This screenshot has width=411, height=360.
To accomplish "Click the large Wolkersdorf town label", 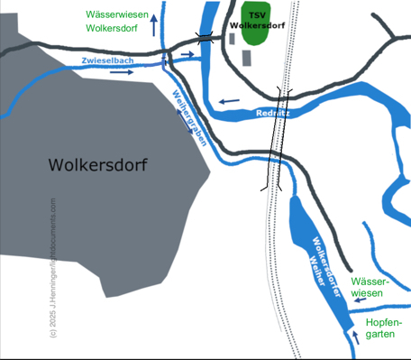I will coord(98,166).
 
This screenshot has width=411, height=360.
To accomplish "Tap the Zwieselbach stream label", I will coord(107,60).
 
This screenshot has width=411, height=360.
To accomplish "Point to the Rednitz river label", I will coord(272,113).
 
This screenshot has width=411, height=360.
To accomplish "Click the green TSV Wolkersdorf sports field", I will coord(256,24).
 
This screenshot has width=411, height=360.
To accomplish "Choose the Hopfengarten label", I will coord(383,328).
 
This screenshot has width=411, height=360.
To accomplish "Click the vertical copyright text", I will coord(53,267).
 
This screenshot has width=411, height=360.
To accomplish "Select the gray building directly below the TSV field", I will coord(247,58).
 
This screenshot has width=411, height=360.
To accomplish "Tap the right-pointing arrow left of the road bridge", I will coord(187,55).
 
